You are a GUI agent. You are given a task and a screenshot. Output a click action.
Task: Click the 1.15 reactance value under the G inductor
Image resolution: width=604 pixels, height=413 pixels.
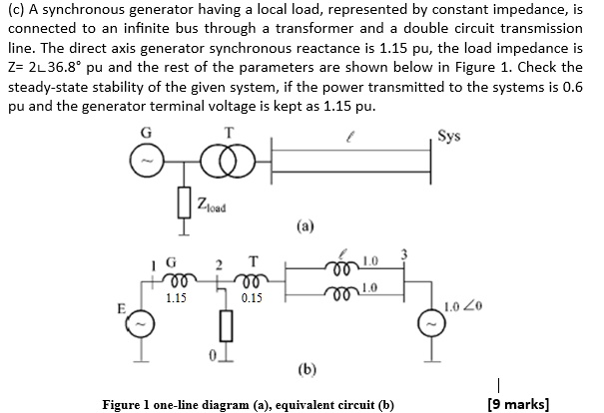point(176,296)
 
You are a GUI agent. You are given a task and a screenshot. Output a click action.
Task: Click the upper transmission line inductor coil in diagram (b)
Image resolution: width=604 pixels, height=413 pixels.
point(345,265)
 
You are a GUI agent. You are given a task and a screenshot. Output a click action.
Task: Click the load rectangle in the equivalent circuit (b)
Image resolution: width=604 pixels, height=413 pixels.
point(225,325)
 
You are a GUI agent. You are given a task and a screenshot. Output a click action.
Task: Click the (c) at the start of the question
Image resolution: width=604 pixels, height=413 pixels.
point(18,11)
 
